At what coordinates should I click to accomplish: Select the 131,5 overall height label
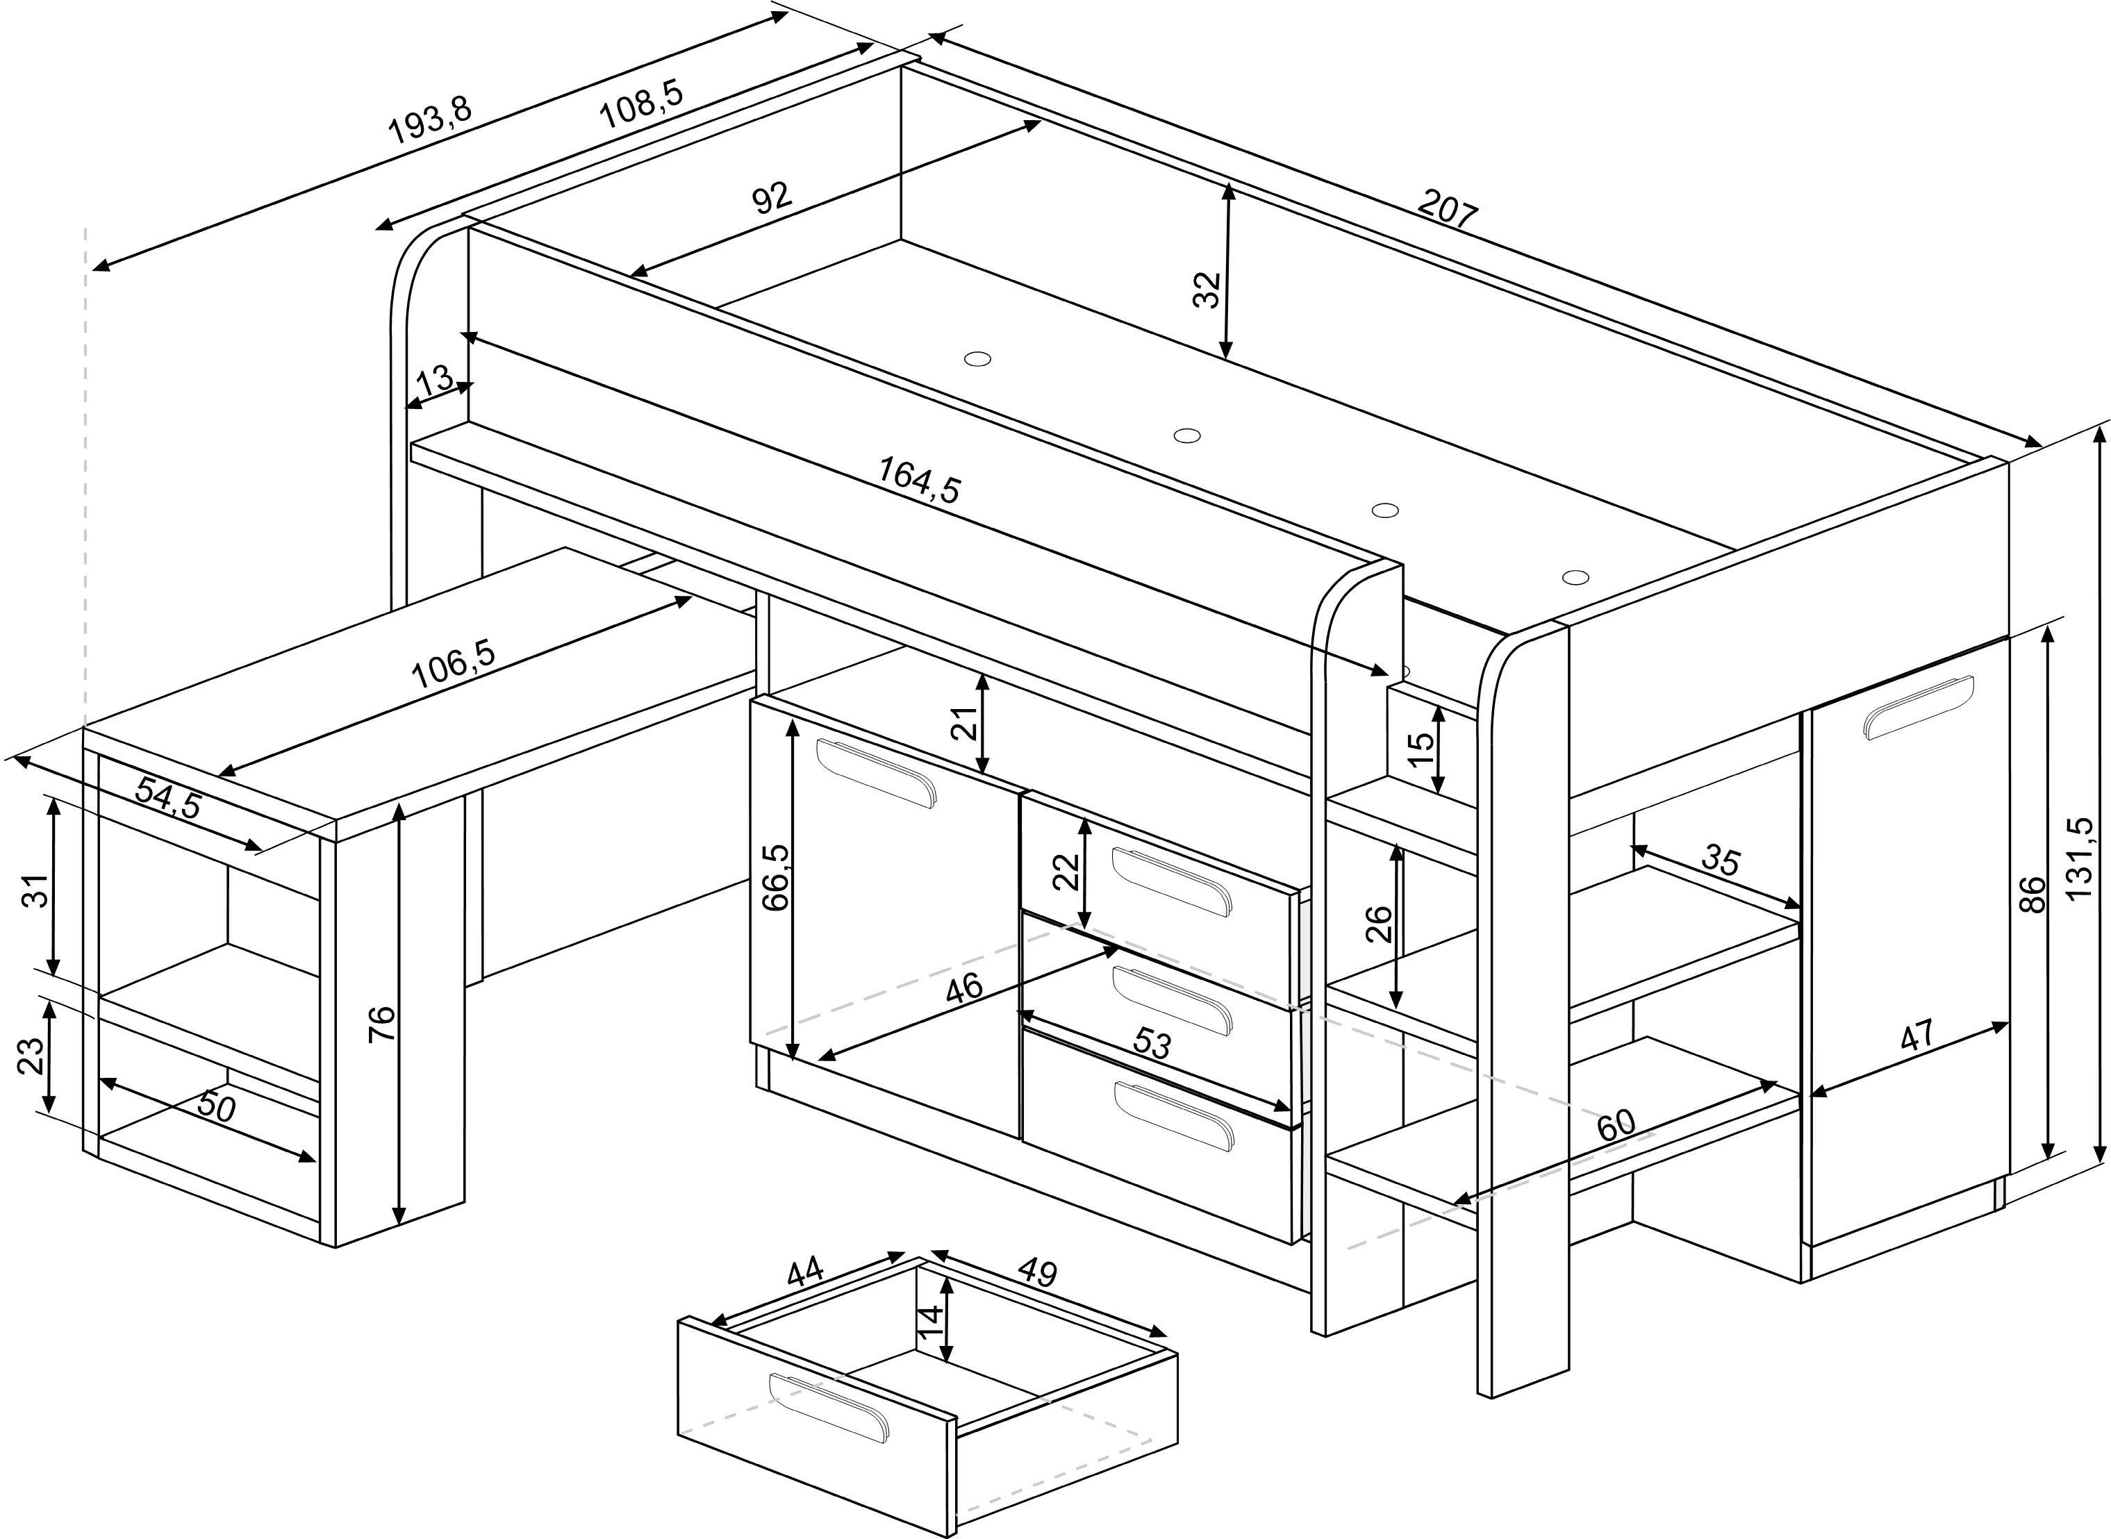point(2079,858)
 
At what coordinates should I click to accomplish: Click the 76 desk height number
point(382,1023)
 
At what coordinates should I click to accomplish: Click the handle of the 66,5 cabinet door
point(876,772)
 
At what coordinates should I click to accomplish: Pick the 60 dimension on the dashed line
point(1614,1124)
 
